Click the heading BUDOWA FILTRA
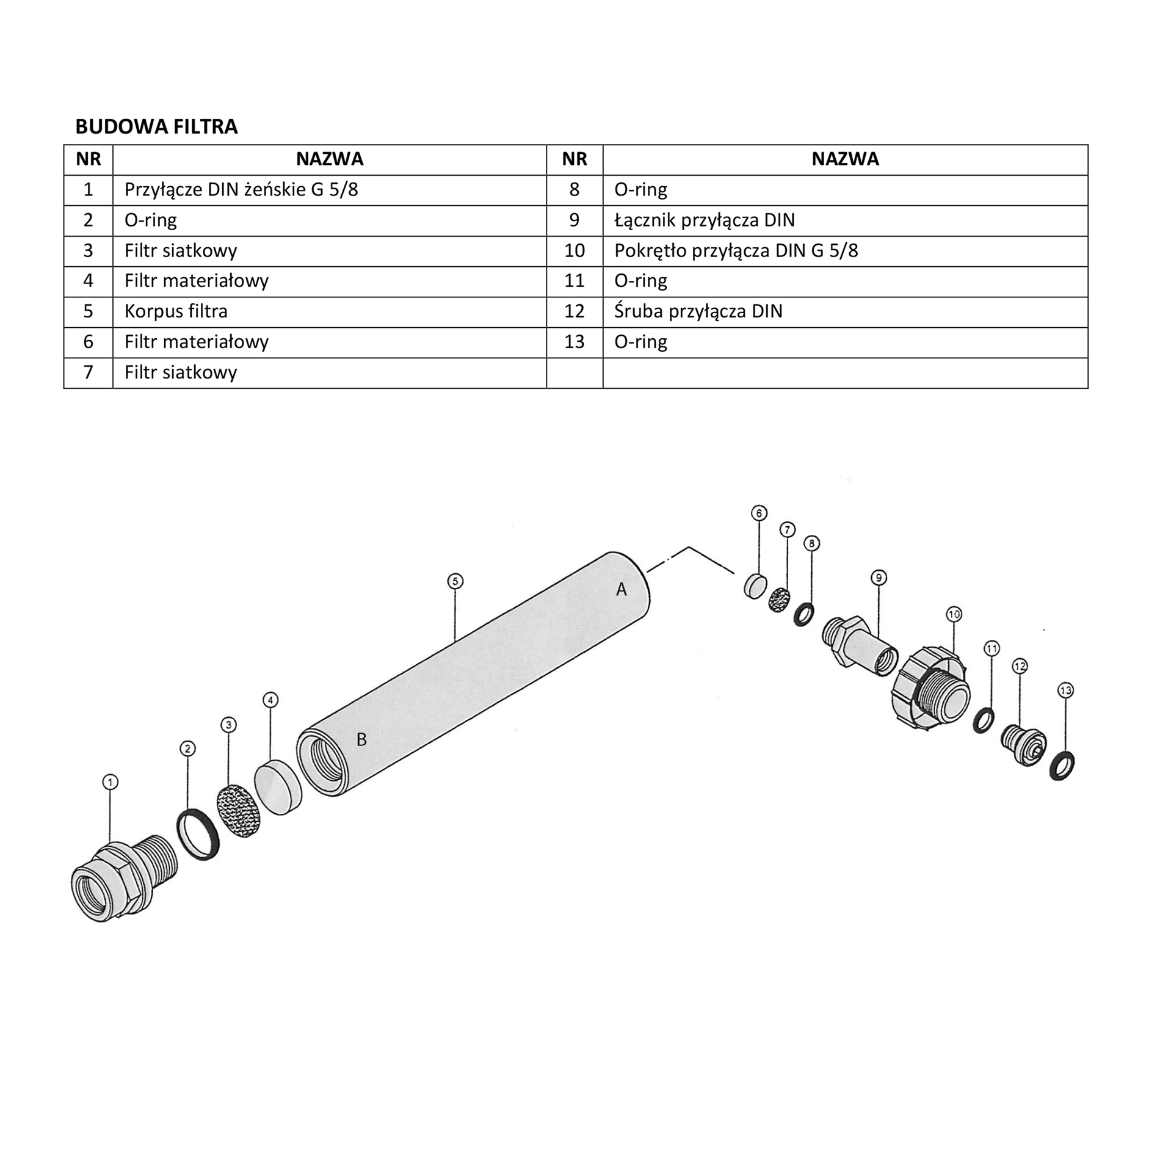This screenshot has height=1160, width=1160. pyautogui.click(x=156, y=126)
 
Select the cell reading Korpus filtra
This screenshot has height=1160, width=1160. pyautogui.click(x=330, y=312)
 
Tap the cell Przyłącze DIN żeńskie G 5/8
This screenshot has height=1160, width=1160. pyautogui.click(x=330, y=190)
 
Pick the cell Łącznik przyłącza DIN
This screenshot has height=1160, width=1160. pyautogui.click(x=845, y=220)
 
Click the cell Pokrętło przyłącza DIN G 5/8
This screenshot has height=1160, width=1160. pyautogui.click(x=845, y=251)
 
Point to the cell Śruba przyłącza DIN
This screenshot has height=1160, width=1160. pyautogui.click(x=845, y=312)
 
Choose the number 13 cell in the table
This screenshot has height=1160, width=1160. pyautogui.click(x=575, y=342)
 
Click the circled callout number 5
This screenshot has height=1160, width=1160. pyautogui.click(x=455, y=581)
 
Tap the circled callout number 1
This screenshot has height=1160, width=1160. pyautogui.click(x=110, y=782)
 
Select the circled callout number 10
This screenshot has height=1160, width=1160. pyautogui.click(x=954, y=614)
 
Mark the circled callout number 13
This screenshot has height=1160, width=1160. pyautogui.click(x=1065, y=691)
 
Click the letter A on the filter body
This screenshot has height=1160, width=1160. pyautogui.click(x=622, y=589)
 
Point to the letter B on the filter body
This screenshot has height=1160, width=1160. pyautogui.click(x=361, y=739)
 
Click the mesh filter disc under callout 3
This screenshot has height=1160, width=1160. pyautogui.click(x=239, y=811)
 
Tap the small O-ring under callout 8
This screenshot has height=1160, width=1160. pyautogui.click(x=803, y=614)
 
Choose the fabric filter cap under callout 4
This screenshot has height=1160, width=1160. pyautogui.click(x=278, y=787)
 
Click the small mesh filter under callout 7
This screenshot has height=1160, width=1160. pyautogui.click(x=779, y=600)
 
